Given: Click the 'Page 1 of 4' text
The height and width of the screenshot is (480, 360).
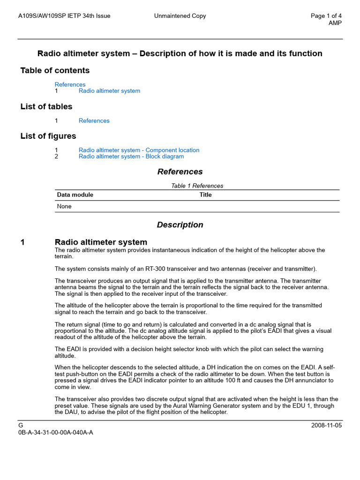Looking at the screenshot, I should pyautogui.click(x=326, y=16).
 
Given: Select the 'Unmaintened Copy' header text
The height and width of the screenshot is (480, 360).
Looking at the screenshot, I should pyautogui.click(x=180, y=16).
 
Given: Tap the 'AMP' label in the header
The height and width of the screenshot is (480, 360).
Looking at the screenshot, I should pyautogui.click(x=335, y=23).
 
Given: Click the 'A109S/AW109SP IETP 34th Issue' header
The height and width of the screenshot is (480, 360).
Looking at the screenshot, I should pyautogui.click(x=64, y=16).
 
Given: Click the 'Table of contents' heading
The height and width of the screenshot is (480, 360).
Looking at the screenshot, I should pyautogui.click(x=55, y=70).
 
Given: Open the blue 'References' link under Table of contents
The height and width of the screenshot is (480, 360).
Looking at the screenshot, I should pyautogui.click(x=70, y=84).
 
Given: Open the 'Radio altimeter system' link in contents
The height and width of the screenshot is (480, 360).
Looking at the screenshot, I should pyautogui.click(x=109, y=91).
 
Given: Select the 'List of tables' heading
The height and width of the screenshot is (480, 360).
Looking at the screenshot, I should pyautogui.click(x=46, y=106).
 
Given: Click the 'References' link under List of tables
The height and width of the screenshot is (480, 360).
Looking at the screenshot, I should pyautogui.click(x=94, y=120).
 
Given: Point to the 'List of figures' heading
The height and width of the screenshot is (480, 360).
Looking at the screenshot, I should pyautogui.click(x=48, y=136).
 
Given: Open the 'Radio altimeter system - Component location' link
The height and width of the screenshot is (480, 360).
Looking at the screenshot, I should pyautogui.click(x=139, y=150).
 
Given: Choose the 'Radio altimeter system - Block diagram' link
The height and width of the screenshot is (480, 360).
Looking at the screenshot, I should pyautogui.click(x=131, y=157).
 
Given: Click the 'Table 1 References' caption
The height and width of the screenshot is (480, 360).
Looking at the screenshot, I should pyautogui.click(x=197, y=186).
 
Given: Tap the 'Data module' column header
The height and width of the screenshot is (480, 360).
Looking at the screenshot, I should pyautogui.click(x=75, y=195).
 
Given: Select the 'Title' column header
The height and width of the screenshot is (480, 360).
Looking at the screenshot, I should pyautogui.click(x=205, y=195).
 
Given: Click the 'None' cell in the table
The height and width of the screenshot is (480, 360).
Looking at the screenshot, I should pyautogui.click(x=64, y=206).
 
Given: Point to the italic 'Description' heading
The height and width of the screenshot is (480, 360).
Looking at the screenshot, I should pyautogui.click(x=180, y=225).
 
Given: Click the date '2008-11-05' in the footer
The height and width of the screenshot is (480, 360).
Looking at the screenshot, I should pyautogui.click(x=326, y=425).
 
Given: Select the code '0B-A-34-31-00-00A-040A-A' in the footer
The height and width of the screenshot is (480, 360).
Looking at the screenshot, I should pyautogui.click(x=55, y=432).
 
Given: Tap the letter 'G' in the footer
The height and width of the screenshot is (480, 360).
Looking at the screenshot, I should pyautogui.click(x=20, y=425).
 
